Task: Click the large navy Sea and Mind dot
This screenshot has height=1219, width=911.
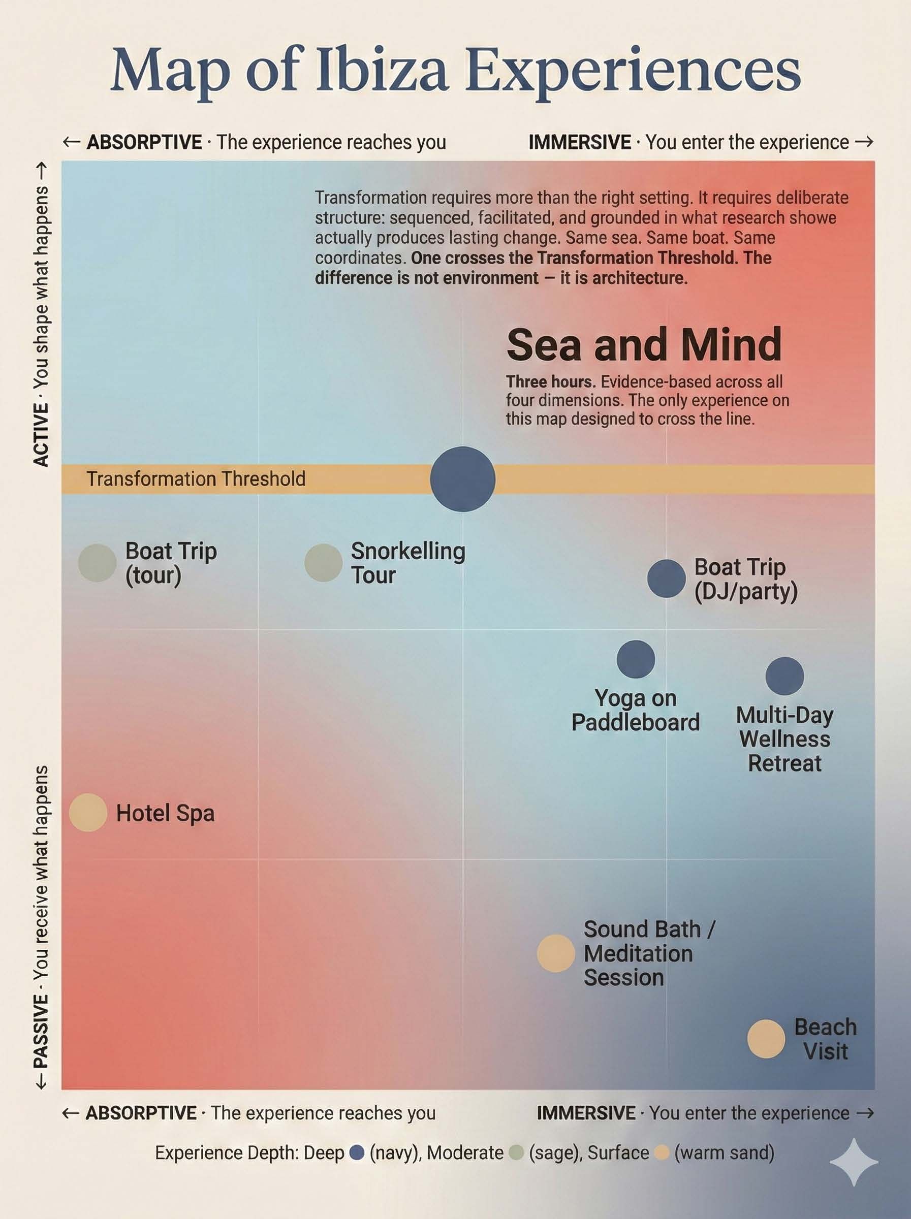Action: point(462,479)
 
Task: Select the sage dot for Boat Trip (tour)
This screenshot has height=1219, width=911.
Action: point(98,563)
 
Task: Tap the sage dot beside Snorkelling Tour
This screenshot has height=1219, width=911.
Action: point(324,563)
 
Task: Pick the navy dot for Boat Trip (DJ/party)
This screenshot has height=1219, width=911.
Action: point(666,579)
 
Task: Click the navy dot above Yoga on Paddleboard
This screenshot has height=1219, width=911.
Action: point(636,659)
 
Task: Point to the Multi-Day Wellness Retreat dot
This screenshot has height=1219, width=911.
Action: point(785,676)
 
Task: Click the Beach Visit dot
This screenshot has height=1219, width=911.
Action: point(766,1039)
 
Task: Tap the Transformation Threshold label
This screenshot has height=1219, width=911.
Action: point(196,479)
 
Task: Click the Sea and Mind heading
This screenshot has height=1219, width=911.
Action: point(644,345)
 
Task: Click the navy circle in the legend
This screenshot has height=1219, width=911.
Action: point(357,1153)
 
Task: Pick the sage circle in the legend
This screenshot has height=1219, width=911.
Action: point(516,1153)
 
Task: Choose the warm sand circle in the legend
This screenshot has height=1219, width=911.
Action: point(662,1153)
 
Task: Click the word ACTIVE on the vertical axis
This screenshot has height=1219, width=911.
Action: point(41,435)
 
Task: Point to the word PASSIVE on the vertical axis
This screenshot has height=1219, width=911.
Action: point(41,1031)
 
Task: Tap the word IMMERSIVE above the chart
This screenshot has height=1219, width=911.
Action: point(579,142)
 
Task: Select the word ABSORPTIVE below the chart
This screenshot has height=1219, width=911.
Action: point(141,1113)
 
